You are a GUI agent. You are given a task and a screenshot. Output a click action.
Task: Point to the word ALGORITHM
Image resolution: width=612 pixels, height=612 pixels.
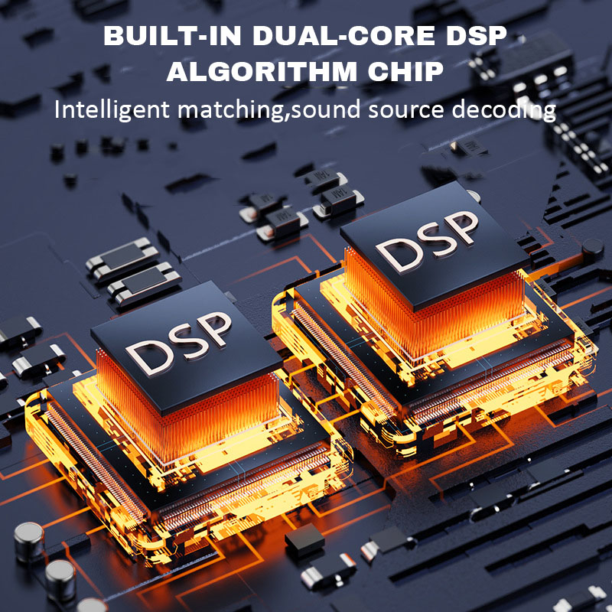259,72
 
